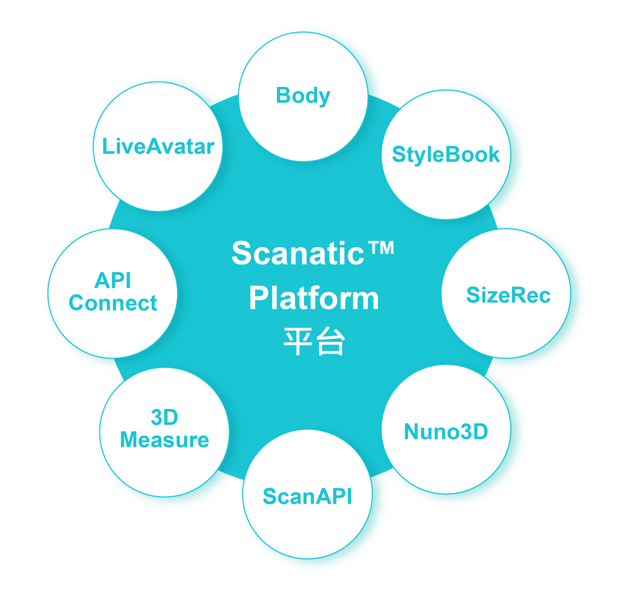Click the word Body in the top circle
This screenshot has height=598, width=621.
(x=303, y=96)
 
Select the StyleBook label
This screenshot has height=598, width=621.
(x=446, y=155)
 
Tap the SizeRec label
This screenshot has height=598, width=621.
(x=508, y=295)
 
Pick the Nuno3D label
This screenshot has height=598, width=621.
(x=446, y=431)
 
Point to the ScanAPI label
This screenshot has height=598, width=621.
(x=307, y=496)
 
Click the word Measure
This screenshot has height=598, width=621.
(x=164, y=440)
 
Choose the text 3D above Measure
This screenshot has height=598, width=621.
(x=164, y=417)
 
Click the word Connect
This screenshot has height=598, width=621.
(x=113, y=303)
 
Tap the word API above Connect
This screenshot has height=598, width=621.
(x=113, y=280)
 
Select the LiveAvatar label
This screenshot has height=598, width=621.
(x=158, y=146)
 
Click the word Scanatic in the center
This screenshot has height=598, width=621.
(x=298, y=253)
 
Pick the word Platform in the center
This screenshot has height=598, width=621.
(x=314, y=298)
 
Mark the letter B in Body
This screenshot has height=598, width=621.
(x=283, y=95)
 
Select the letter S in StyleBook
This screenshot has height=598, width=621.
(x=398, y=154)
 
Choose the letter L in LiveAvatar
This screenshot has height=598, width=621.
(x=108, y=146)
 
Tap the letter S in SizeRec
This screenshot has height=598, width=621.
(x=473, y=295)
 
